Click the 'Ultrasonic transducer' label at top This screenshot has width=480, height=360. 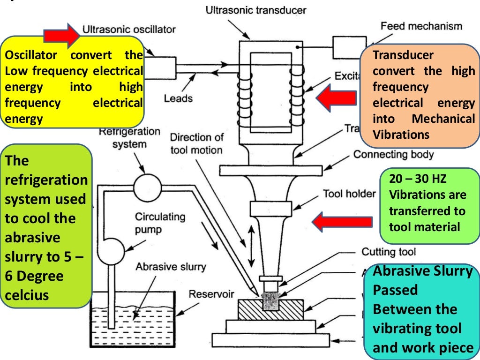(256, 10)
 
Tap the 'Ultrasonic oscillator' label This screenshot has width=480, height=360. (129, 30)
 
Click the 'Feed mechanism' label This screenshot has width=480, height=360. (421, 26)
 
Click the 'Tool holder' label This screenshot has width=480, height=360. (349, 194)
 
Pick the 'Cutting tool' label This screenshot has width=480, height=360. (388, 252)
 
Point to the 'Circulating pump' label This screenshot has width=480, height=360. (160, 223)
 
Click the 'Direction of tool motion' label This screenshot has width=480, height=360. (196, 143)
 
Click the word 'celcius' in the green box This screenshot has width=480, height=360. (27, 295)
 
